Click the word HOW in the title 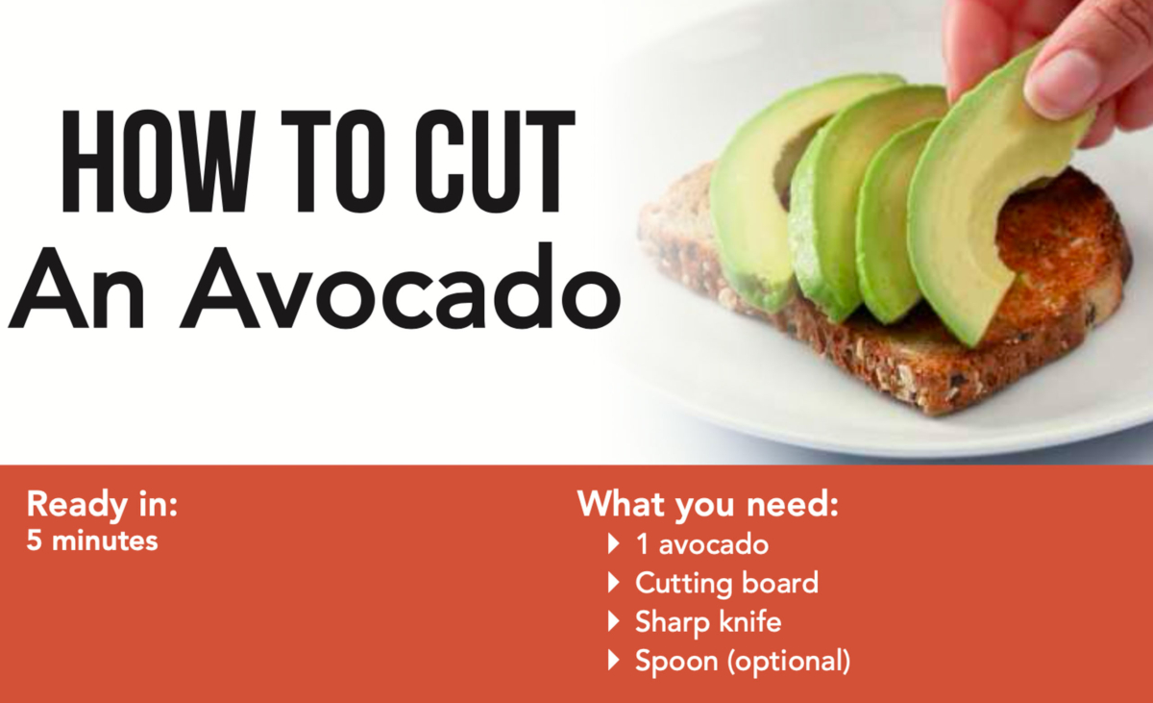tap(158, 162)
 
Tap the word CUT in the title tap(495, 162)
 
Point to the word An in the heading tap(76, 289)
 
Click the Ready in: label tap(102, 505)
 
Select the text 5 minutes tap(92, 540)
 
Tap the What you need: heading tap(708, 505)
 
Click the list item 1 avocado tap(702, 544)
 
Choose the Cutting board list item tap(726, 583)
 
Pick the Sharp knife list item tap(708, 621)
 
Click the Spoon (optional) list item tap(743, 661)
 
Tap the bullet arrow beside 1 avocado tap(613, 544)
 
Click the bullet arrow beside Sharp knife tap(613, 621)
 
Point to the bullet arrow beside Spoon tap(613, 660)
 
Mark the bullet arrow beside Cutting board tap(613, 583)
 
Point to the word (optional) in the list tap(789, 662)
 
